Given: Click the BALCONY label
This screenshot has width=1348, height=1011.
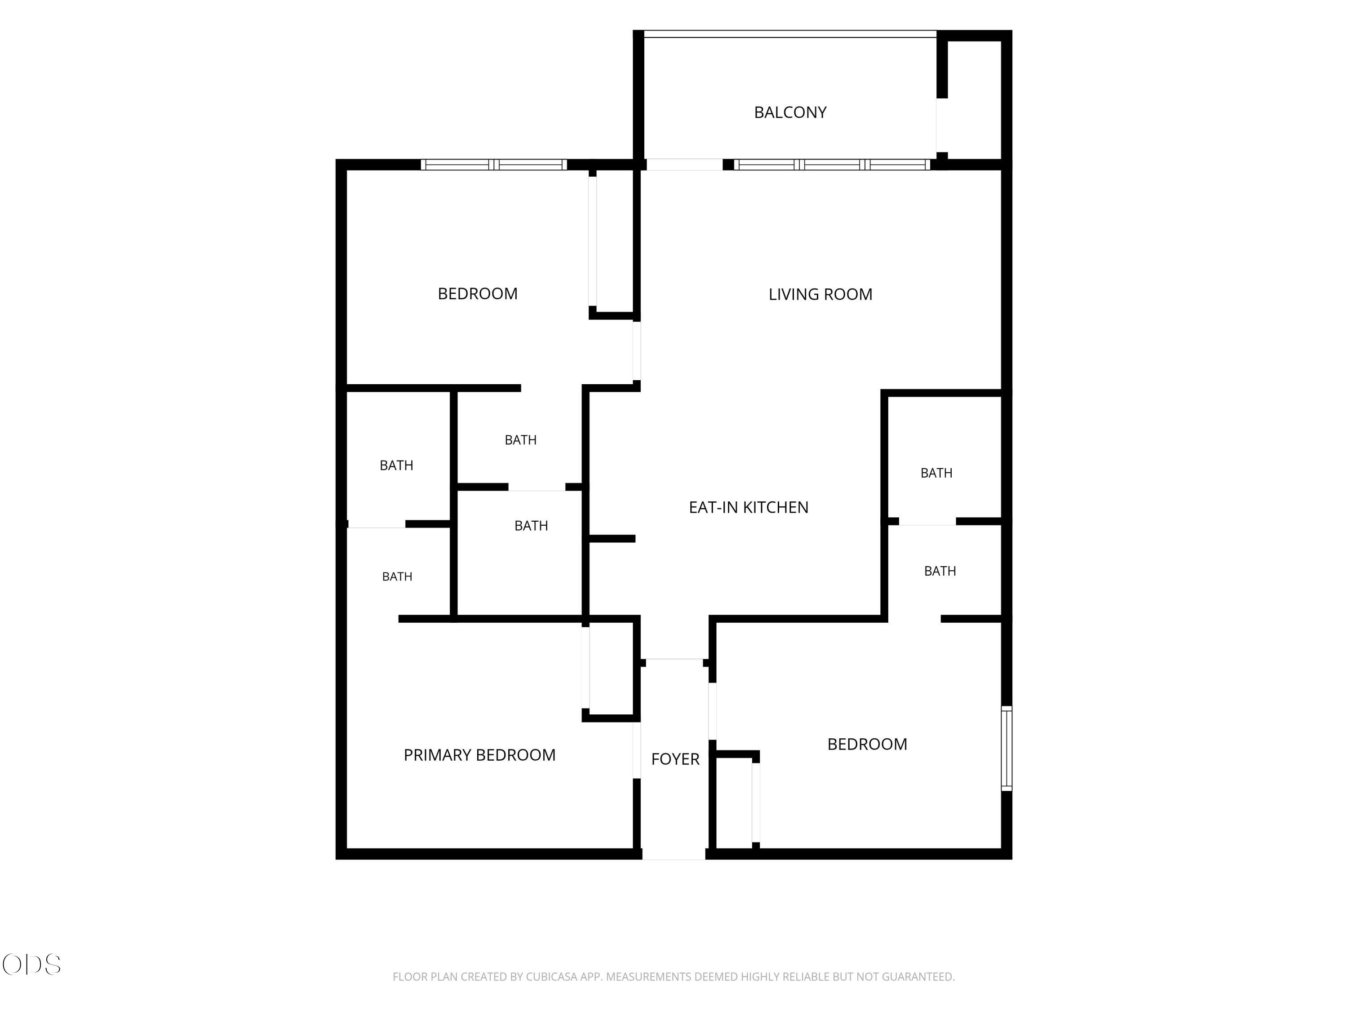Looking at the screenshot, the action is click(790, 112).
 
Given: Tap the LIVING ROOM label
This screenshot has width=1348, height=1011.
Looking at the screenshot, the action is click(820, 294).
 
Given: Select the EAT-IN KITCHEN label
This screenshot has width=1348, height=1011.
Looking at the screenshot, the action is click(748, 507).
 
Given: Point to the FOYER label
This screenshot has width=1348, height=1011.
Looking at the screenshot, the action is click(675, 759).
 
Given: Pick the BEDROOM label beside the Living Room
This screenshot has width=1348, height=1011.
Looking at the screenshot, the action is click(478, 294).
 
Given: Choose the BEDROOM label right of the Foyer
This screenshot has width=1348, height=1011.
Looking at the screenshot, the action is click(867, 744).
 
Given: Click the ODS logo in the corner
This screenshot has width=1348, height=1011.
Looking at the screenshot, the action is click(32, 965).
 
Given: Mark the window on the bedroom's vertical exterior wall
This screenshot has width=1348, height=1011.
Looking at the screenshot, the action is click(1007, 748).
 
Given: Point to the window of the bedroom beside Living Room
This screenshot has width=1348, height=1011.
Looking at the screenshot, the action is click(494, 164).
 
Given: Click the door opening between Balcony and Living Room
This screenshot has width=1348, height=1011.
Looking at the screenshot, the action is click(684, 164).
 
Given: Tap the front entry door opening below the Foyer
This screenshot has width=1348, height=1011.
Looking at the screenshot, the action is click(674, 854).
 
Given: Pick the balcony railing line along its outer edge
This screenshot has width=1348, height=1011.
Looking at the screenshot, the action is click(790, 34).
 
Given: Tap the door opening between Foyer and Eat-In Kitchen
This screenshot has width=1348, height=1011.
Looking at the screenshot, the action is click(674, 659).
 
